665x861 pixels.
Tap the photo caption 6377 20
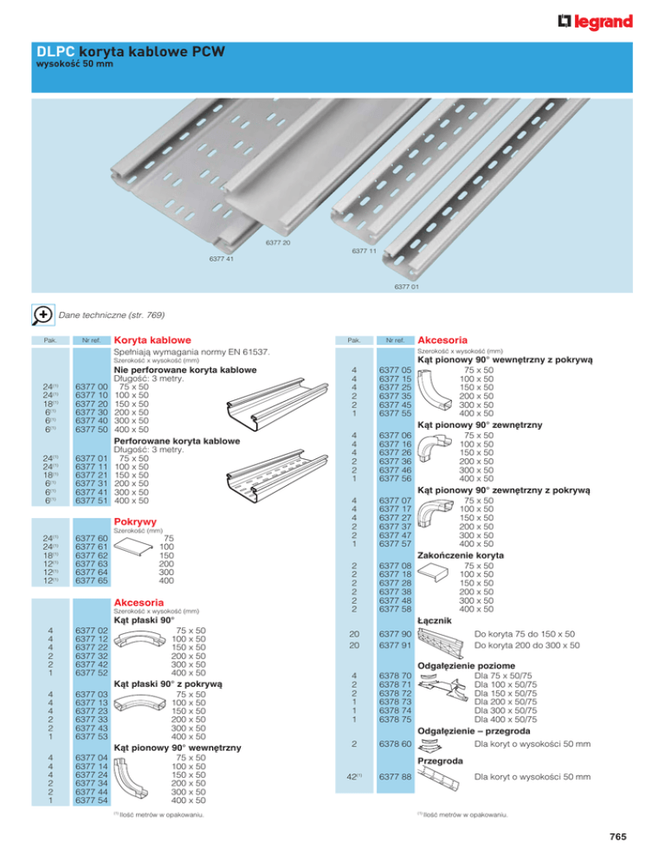tap(278, 242)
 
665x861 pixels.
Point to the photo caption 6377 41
tap(222, 258)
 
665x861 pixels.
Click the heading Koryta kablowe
tap(153, 340)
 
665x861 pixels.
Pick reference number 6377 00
tap(92, 386)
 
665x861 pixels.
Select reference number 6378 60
tap(394, 744)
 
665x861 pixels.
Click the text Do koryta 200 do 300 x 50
tap(527, 645)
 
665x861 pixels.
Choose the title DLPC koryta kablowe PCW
tap(130, 54)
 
